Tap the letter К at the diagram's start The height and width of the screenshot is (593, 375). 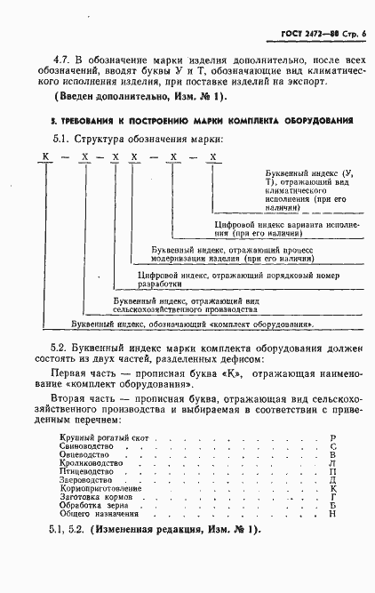point(42,157)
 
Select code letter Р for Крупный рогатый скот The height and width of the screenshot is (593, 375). point(332,438)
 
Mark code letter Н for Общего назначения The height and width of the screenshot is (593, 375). point(332,513)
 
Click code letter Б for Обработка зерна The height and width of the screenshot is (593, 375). point(332,505)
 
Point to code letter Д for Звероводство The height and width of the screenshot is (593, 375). point(332,480)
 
